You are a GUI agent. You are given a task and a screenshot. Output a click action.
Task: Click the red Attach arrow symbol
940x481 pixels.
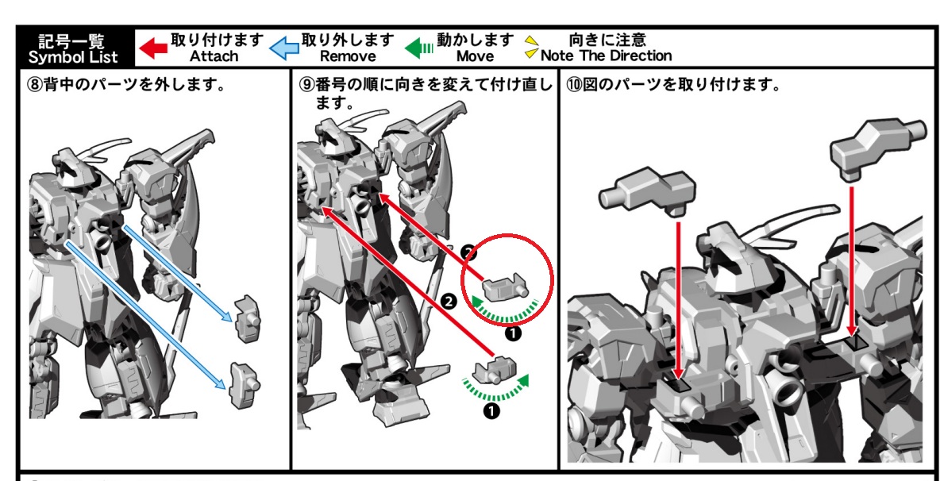coord(153,48)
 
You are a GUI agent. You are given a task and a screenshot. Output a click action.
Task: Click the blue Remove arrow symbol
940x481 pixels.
coord(283,48)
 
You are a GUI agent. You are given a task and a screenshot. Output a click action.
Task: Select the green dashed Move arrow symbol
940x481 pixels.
coord(419,48)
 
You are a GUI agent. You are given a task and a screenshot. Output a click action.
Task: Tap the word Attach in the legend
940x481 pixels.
coord(214,56)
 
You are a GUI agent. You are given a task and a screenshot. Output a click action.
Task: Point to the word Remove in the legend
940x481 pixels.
coord(348,56)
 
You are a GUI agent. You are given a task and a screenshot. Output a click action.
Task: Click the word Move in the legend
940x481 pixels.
coord(475,56)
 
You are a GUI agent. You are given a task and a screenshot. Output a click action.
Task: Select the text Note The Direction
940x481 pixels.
coord(606,56)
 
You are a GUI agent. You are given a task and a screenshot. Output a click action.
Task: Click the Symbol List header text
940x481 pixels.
coord(72,57)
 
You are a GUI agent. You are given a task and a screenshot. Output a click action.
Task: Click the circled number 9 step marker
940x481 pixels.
coord(306,84)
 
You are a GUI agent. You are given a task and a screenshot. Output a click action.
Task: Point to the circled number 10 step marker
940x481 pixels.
coord(573,84)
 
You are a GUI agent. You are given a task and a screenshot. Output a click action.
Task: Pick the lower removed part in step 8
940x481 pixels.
coord(243,385)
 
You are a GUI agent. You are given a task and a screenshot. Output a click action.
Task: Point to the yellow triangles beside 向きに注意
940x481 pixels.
coord(531,48)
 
